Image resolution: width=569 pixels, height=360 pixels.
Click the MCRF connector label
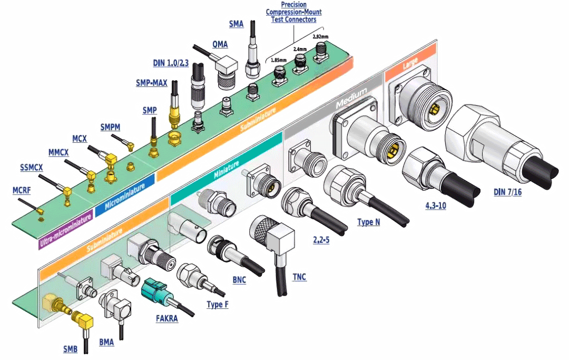coord(22,190)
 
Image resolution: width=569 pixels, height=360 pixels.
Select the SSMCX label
coord(31,168)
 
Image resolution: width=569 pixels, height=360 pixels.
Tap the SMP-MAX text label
coord(151,83)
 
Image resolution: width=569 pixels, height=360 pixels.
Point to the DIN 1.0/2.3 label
coord(171,63)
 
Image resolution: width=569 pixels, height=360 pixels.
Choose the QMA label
coord(220,44)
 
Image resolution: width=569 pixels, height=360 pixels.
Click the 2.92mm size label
coord(320,37)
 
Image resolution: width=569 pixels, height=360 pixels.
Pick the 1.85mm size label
coord(279,60)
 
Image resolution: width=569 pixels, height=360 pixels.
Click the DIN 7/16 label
coord(507,192)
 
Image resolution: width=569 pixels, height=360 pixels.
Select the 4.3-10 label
coord(436,206)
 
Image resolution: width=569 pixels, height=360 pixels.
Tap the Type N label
coord(368,222)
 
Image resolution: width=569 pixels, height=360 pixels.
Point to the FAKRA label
coord(166,319)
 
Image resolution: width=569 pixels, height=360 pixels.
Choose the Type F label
coord(218,305)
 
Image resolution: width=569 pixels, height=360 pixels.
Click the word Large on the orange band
coord(410,63)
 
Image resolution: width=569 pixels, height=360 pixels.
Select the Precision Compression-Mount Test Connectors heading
coord(293,12)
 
